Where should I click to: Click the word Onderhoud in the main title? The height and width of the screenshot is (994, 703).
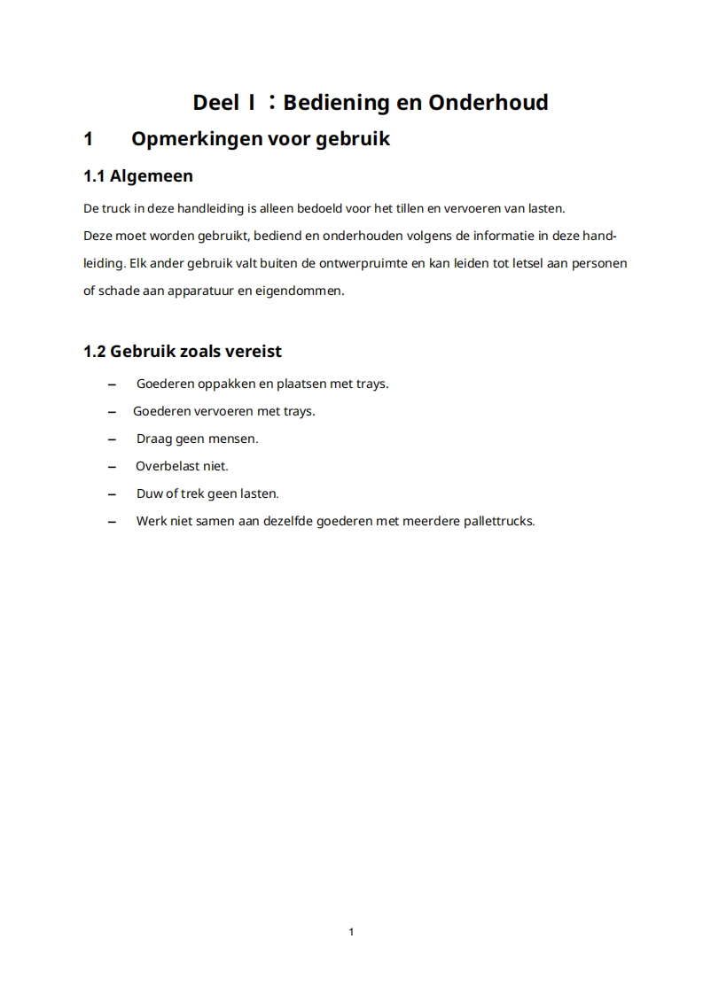pyautogui.click(x=488, y=103)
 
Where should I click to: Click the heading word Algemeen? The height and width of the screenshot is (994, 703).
pyautogui.click(x=151, y=176)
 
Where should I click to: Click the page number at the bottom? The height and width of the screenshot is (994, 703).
pyautogui.click(x=352, y=931)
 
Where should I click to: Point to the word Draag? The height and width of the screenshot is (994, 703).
pyautogui.click(x=153, y=439)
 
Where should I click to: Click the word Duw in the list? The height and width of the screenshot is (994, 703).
pyautogui.click(x=150, y=493)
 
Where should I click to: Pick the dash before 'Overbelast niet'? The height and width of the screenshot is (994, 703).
pyautogui.click(x=112, y=467)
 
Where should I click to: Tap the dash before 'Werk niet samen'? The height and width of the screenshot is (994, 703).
pyautogui.click(x=112, y=522)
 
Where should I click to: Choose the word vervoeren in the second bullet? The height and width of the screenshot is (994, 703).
pyautogui.click(x=215, y=411)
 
